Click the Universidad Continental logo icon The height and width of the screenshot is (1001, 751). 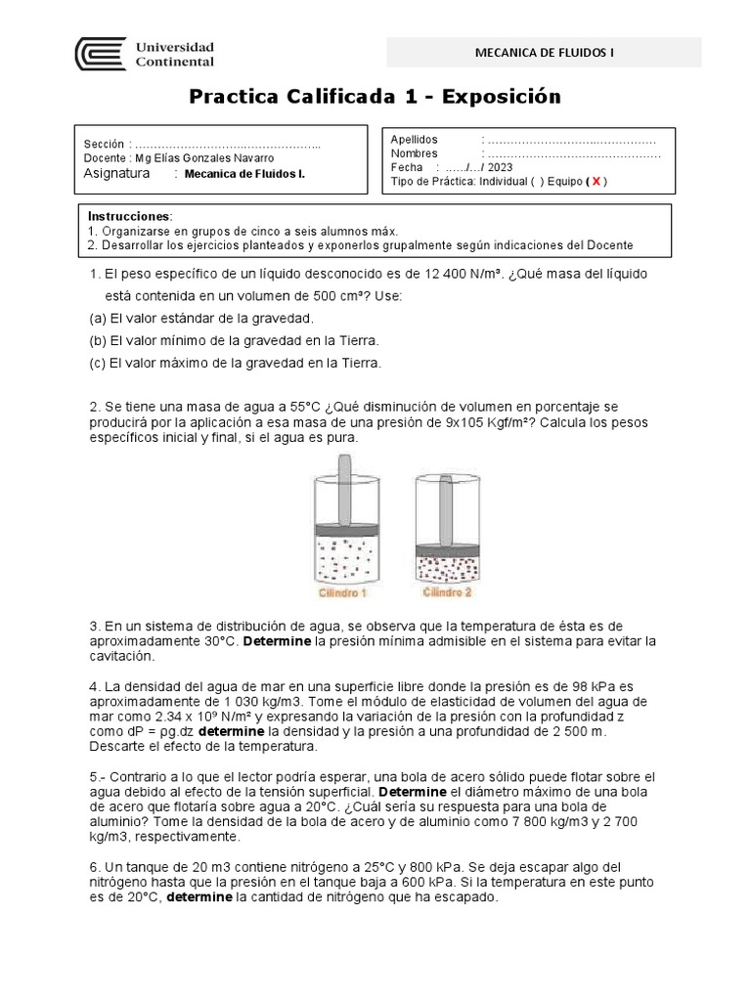101,55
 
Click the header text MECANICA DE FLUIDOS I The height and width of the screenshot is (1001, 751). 544,53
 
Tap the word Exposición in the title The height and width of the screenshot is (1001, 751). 502,97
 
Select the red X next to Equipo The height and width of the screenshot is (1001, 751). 596,182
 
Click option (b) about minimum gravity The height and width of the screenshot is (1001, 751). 233,340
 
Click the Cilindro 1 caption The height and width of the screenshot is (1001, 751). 341,593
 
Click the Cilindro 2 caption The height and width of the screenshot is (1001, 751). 447,593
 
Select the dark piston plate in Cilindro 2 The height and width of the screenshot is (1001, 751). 448,550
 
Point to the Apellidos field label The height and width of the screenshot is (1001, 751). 415,140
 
